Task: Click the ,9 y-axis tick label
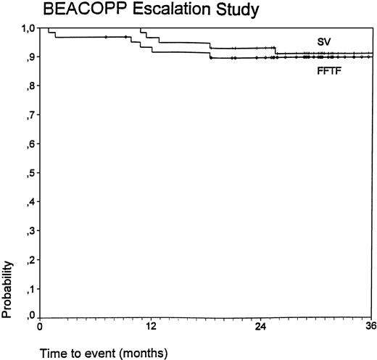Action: pyautogui.click(x=30, y=57)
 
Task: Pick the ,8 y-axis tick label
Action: pyautogui.click(x=30, y=86)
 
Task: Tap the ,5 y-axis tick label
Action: pyautogui.click(x=30, y=172)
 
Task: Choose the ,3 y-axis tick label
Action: pyautogui.click(x=30, y=230)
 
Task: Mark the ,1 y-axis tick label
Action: pyautogui.click(x=30, y=288)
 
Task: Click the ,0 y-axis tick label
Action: pyautogui.click(x=30, y=316)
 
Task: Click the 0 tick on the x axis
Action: pyautogui.click(x=40, y=327)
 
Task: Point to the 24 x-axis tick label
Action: pyautogui.click(x=261, y=327)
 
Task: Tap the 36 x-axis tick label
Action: pyautogui.click(x=370, y=327)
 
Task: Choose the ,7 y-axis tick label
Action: pyautogui.click(x=30, y=115)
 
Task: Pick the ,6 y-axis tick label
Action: pyautogui.click(x=30, y=143)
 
